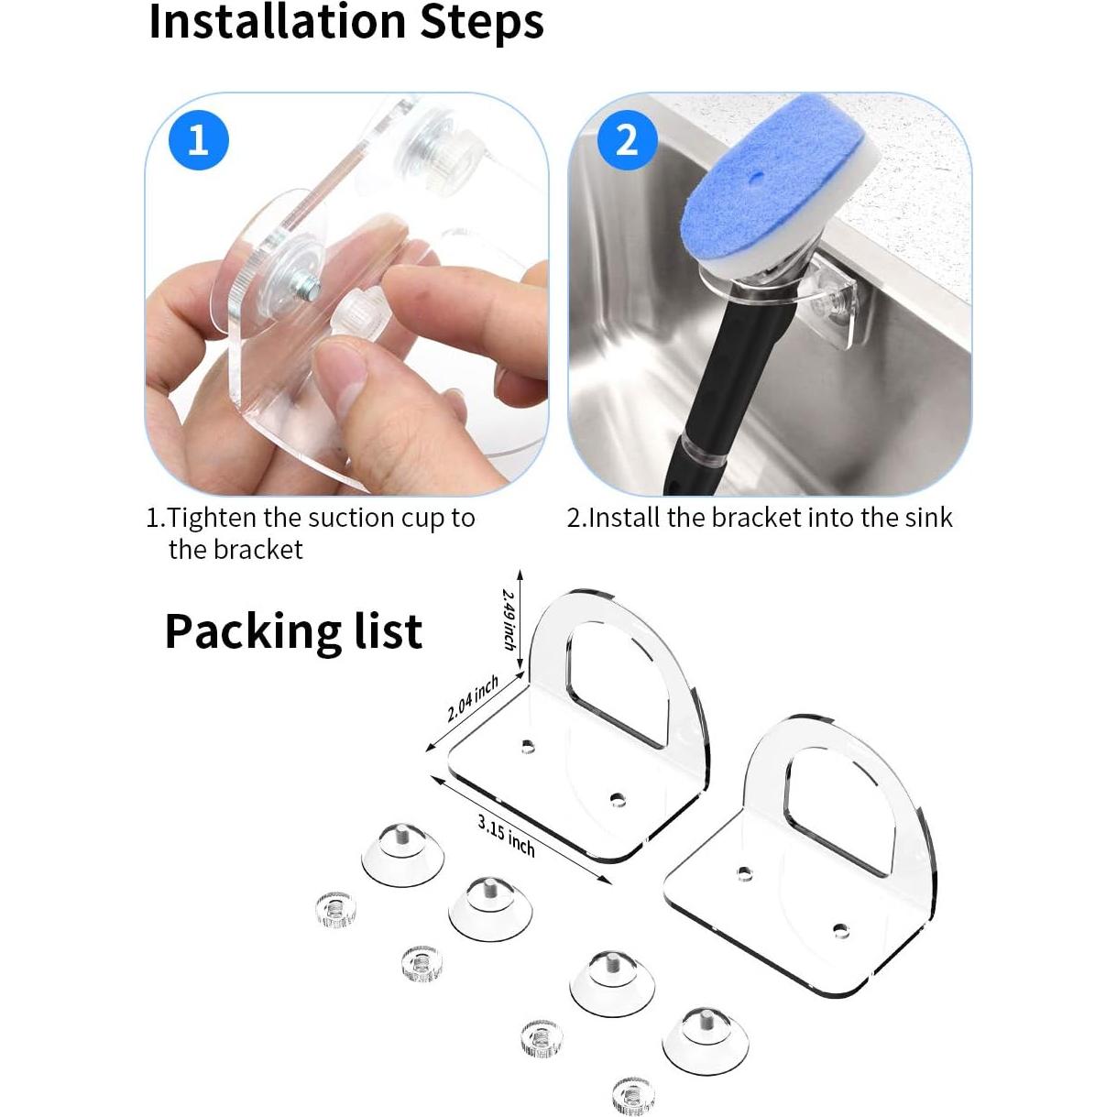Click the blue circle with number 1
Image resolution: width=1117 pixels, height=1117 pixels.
[198, 139]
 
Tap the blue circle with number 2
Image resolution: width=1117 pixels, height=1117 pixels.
[627, 139]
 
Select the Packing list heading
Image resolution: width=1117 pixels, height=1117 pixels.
[293, 631]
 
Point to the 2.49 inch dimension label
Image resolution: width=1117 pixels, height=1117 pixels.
[509, 619]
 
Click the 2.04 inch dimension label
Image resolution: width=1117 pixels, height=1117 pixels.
[473, 698]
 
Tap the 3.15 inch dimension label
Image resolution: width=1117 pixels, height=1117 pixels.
[506, 834]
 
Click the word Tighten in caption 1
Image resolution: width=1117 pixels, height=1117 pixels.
[212, 518]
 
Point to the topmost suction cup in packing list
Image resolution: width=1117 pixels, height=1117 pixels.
[402, 855]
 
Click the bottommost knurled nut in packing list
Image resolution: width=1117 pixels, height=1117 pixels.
[632, 1095]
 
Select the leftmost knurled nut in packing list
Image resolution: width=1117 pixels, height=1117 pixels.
[334, 907]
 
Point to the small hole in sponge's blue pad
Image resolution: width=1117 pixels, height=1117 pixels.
[757, 173]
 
